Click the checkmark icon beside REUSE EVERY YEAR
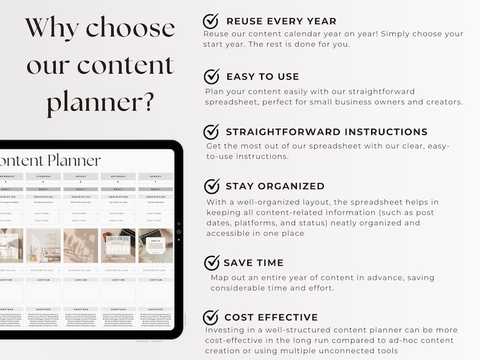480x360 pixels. click(x=210, y=21)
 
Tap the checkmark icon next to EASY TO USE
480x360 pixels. click(x=211, y=77)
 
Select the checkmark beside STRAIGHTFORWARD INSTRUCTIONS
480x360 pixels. click(x=211, y=132)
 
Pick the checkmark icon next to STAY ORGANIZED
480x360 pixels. click(x=212, y=186)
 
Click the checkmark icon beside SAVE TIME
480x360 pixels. click(x=212, y=263)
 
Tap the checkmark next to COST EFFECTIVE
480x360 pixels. click(x=210, y=317)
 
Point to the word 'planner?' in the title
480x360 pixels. click(x=100, y=102)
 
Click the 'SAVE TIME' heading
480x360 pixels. click(x=253, y=263)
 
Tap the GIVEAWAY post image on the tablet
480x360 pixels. click(x=118, y=246)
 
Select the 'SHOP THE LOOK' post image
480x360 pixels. click(x=44, y=246)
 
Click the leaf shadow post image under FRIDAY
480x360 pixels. click(x=80, y=246)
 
